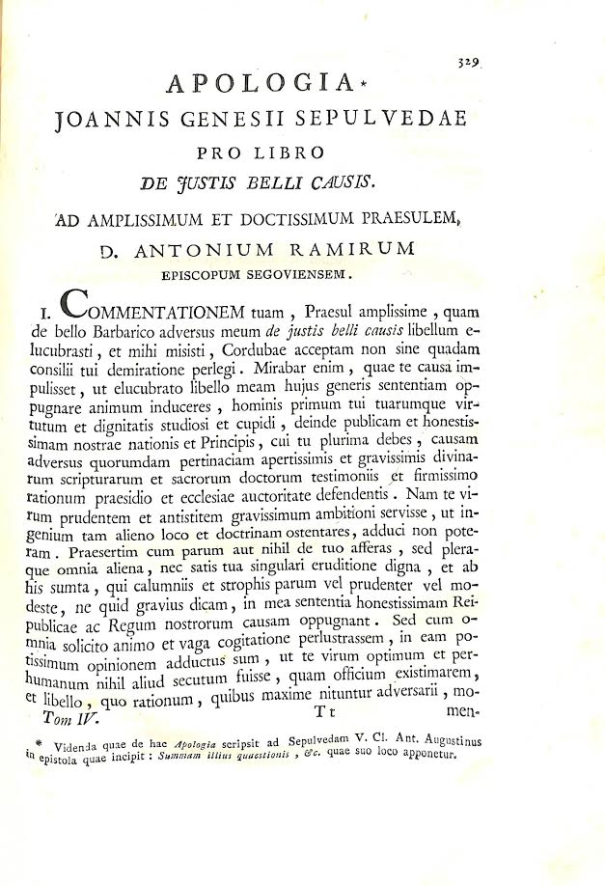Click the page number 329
470,59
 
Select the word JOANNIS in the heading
106,122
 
